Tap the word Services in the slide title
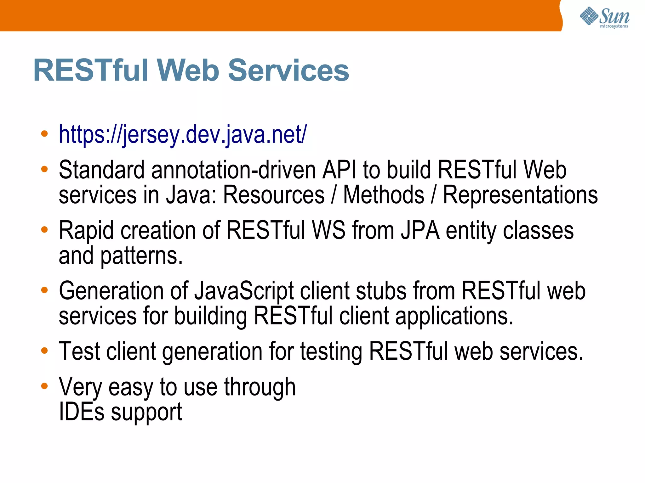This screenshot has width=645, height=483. [288, 70]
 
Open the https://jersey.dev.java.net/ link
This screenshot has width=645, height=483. [183, 135]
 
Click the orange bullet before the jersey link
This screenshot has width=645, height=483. [44, 134]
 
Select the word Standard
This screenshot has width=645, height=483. [101, 170]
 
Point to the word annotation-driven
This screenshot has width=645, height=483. [233, 170]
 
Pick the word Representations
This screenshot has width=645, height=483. [520, 195]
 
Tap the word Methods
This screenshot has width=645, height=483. [383, 195]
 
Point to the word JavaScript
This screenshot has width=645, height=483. [244, 291]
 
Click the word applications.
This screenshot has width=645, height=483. [454, 316]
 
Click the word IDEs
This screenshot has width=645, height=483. [82, 412]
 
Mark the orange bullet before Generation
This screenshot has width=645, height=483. [44, 290]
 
